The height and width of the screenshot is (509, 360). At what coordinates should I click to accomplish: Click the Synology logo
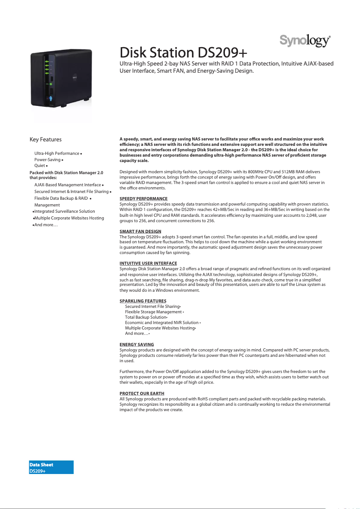tap(305, 41)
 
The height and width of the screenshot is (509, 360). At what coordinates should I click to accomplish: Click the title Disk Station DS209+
tap(183, 53)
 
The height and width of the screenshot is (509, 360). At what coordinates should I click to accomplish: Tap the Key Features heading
tap(45, 140)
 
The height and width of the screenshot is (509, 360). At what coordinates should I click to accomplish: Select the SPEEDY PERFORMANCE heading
tap(143, 198)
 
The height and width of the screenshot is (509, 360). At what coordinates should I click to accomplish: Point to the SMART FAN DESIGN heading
tap(140, 231)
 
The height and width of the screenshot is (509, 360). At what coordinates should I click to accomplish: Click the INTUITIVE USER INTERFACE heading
tap(148, 263)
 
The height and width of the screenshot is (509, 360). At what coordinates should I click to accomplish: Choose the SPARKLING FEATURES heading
tap(143, 301)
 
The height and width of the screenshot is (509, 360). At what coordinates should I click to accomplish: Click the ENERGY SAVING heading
tap(136, 344)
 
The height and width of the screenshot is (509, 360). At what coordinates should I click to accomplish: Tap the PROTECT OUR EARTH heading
tap(140, 393)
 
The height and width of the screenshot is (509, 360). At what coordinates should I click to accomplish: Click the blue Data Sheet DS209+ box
tap(51, 467)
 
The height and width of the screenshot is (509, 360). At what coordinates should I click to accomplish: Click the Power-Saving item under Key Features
tap(47, 159)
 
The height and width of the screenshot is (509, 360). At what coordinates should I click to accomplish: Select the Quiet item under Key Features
tap(40, 166)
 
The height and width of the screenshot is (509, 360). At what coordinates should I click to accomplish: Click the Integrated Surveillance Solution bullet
tap(64, 211)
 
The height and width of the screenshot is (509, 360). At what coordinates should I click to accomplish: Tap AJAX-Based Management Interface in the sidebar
tap(67, 184)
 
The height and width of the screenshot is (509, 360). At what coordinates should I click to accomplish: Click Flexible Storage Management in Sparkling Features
tap(153, 312)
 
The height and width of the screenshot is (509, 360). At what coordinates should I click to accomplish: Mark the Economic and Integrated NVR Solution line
tap(162, 322)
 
